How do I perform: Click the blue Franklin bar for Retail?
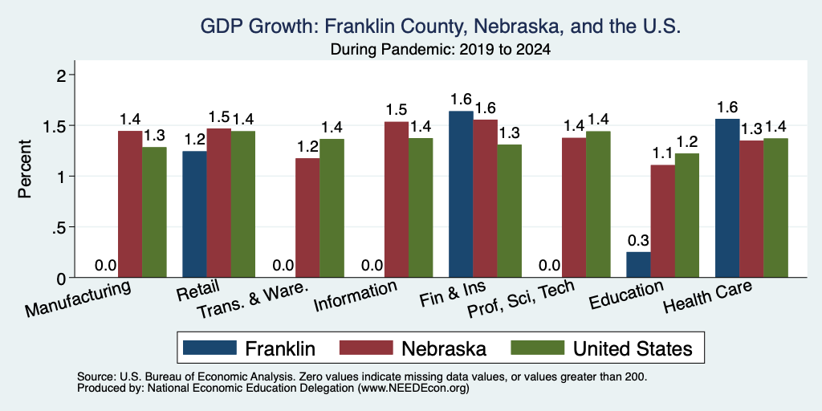[194, 214]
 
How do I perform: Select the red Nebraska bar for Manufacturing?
[129, 204]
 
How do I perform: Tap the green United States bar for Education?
[687, 215]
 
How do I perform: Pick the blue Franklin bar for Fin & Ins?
[462, 194]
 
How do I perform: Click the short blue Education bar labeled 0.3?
[638, 264]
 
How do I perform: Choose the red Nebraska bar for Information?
[397, 199]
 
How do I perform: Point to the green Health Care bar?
[776, 208]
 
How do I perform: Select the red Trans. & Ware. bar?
[307, 218]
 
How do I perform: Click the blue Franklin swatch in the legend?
[210, 348]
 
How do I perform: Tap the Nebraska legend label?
[444, 348]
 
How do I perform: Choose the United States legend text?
[633, 348]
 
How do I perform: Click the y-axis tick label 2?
[63, 75]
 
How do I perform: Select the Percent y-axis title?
[25, 169]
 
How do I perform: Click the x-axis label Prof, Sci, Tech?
[520, 299]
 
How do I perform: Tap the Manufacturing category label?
[78, 299]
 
